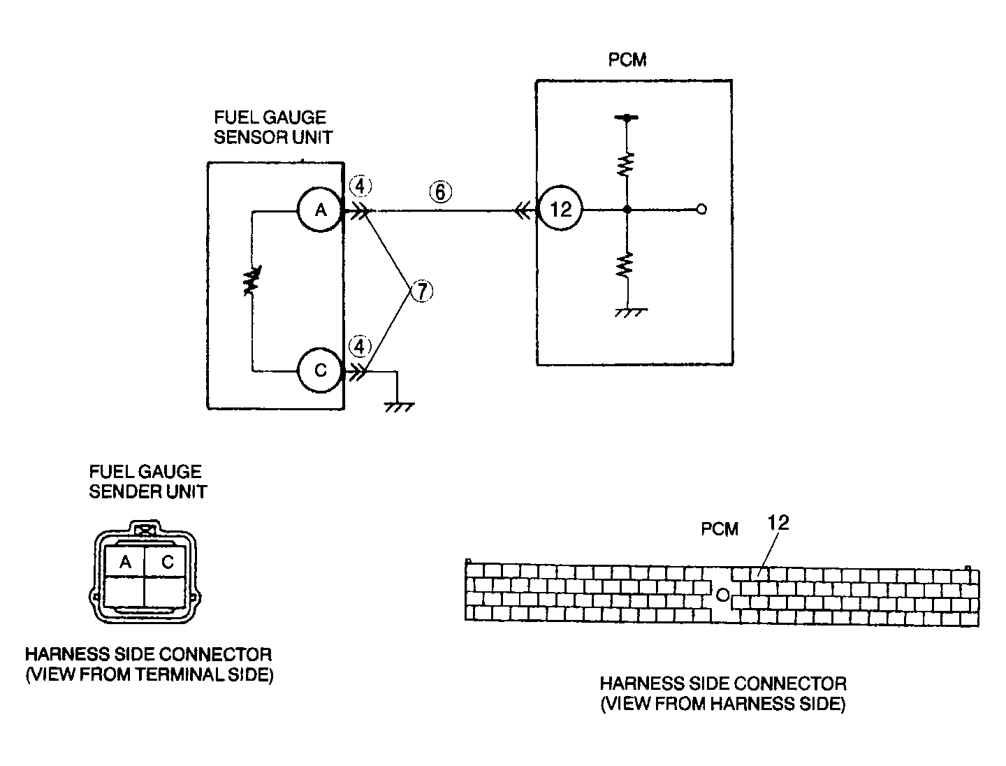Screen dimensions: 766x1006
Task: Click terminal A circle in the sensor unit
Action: [x=320, y=210]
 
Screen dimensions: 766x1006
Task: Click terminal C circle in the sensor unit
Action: [x=320, y=370]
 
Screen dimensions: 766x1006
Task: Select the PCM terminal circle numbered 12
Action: [x=561, y=209]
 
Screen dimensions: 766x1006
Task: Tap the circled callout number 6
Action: [x=441, y=191]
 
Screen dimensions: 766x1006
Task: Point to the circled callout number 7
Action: [x=421, y=290]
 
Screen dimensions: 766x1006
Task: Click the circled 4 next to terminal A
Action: [x=360, y=187]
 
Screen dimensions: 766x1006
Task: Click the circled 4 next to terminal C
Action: [x=360, y=346]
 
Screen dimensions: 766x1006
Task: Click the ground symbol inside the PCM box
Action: [x=629, y=312]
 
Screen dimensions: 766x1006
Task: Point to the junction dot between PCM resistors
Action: [x=627, y=209]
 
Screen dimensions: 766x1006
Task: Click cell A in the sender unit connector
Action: [x=125, y=561]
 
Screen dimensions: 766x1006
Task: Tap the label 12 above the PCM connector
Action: [x=778, y=523]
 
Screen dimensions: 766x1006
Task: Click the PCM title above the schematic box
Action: [x=627, y=60]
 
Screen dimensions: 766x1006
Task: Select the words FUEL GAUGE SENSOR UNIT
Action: [x=272, y=127]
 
